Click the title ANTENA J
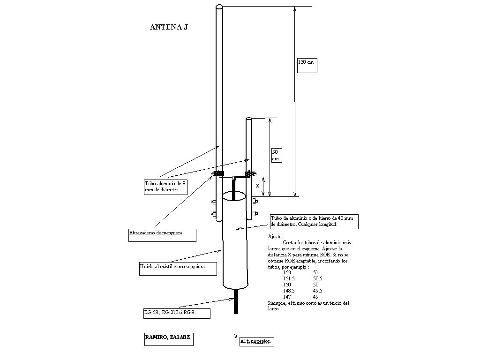pos(169,27)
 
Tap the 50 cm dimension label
pos(277,155)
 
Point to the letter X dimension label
pos(257,186)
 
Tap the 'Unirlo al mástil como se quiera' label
pos(179,269)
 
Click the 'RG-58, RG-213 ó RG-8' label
pos(176,313)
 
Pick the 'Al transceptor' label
pos(256,341)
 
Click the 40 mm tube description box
pos(314,221)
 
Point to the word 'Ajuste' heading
pos(276,237)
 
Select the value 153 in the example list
pos(287,272)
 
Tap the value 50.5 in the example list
pos(317,278)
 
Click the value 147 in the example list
pos(287,297)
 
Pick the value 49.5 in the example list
pos(317,291)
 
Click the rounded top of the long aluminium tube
pos(219,7)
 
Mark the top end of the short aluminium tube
pos(249,120)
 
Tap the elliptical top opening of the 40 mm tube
pos(234,195)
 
